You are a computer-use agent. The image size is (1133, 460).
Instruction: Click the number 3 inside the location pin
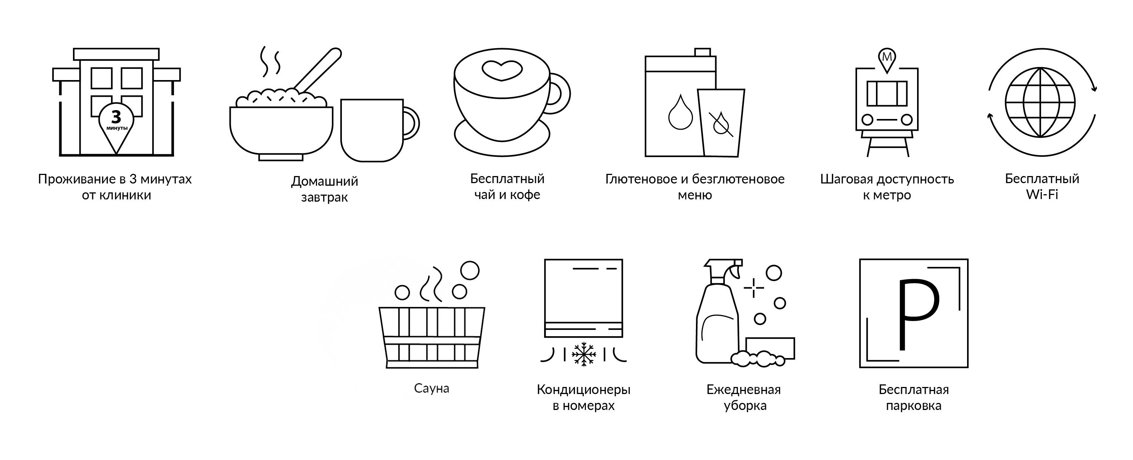point(116,117)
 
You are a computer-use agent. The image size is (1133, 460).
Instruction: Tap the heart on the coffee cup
point(502,70)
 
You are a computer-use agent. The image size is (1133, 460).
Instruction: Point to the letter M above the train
point(887,57)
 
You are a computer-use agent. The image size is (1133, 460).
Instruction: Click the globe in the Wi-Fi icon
point(1040,102)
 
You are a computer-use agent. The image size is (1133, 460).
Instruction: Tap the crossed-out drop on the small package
point(720,124)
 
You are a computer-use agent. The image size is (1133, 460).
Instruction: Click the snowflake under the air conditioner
point(584,354)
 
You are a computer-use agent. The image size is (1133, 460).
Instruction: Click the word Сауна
point(431,388)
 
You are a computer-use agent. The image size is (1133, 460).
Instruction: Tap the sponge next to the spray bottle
point(770,348)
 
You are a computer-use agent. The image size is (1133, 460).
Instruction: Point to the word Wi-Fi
point(1042,195)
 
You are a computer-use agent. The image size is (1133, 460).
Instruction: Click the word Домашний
point(324,181)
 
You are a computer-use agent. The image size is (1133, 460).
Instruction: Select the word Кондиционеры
point(584,390)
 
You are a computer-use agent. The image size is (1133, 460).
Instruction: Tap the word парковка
point(913,406)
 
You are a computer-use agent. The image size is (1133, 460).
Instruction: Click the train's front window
point(887,93)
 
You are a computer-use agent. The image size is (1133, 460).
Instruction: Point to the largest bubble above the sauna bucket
point(470,270)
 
